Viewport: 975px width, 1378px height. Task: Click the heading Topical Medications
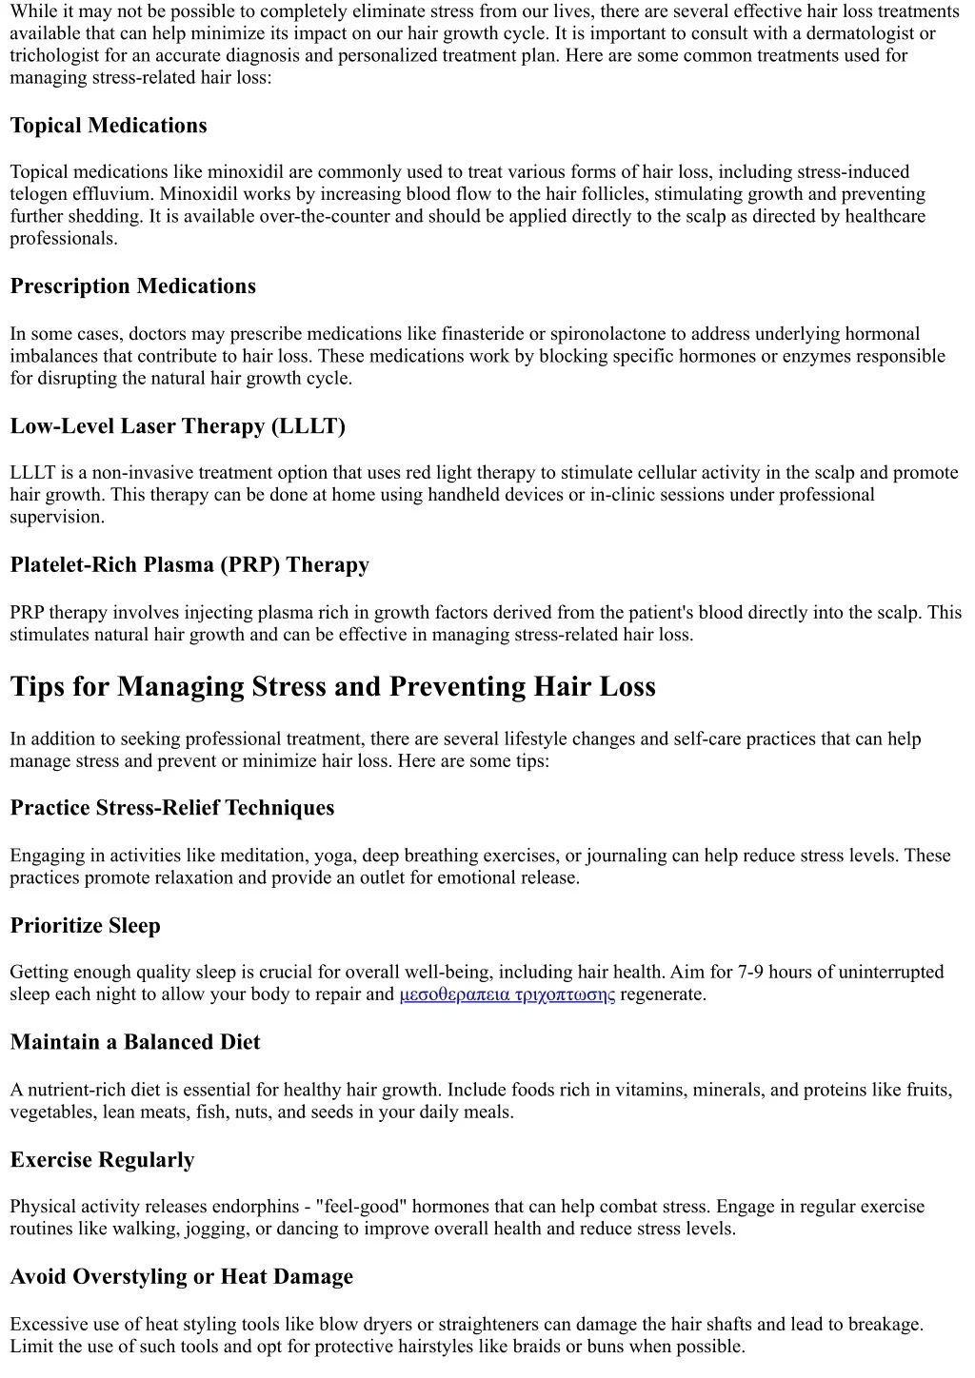click(109, 126)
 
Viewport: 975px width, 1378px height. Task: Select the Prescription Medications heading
click(133, 286)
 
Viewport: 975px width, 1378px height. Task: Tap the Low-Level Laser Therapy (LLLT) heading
click(177, 426)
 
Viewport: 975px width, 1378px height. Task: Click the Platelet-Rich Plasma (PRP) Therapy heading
click(189, 565)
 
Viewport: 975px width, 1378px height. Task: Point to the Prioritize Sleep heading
click(85, 926)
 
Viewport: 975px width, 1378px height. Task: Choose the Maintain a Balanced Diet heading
click(135, 1042)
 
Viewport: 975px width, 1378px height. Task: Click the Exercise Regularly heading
click(102, 1160)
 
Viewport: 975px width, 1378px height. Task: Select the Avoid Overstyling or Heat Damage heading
click(182, 1277)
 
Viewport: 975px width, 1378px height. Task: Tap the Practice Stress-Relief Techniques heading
click(172, 808)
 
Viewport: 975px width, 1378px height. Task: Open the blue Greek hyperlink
click(507, 995)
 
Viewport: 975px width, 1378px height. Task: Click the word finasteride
click(481, 334)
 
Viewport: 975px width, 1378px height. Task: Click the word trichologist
click(53, 55)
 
